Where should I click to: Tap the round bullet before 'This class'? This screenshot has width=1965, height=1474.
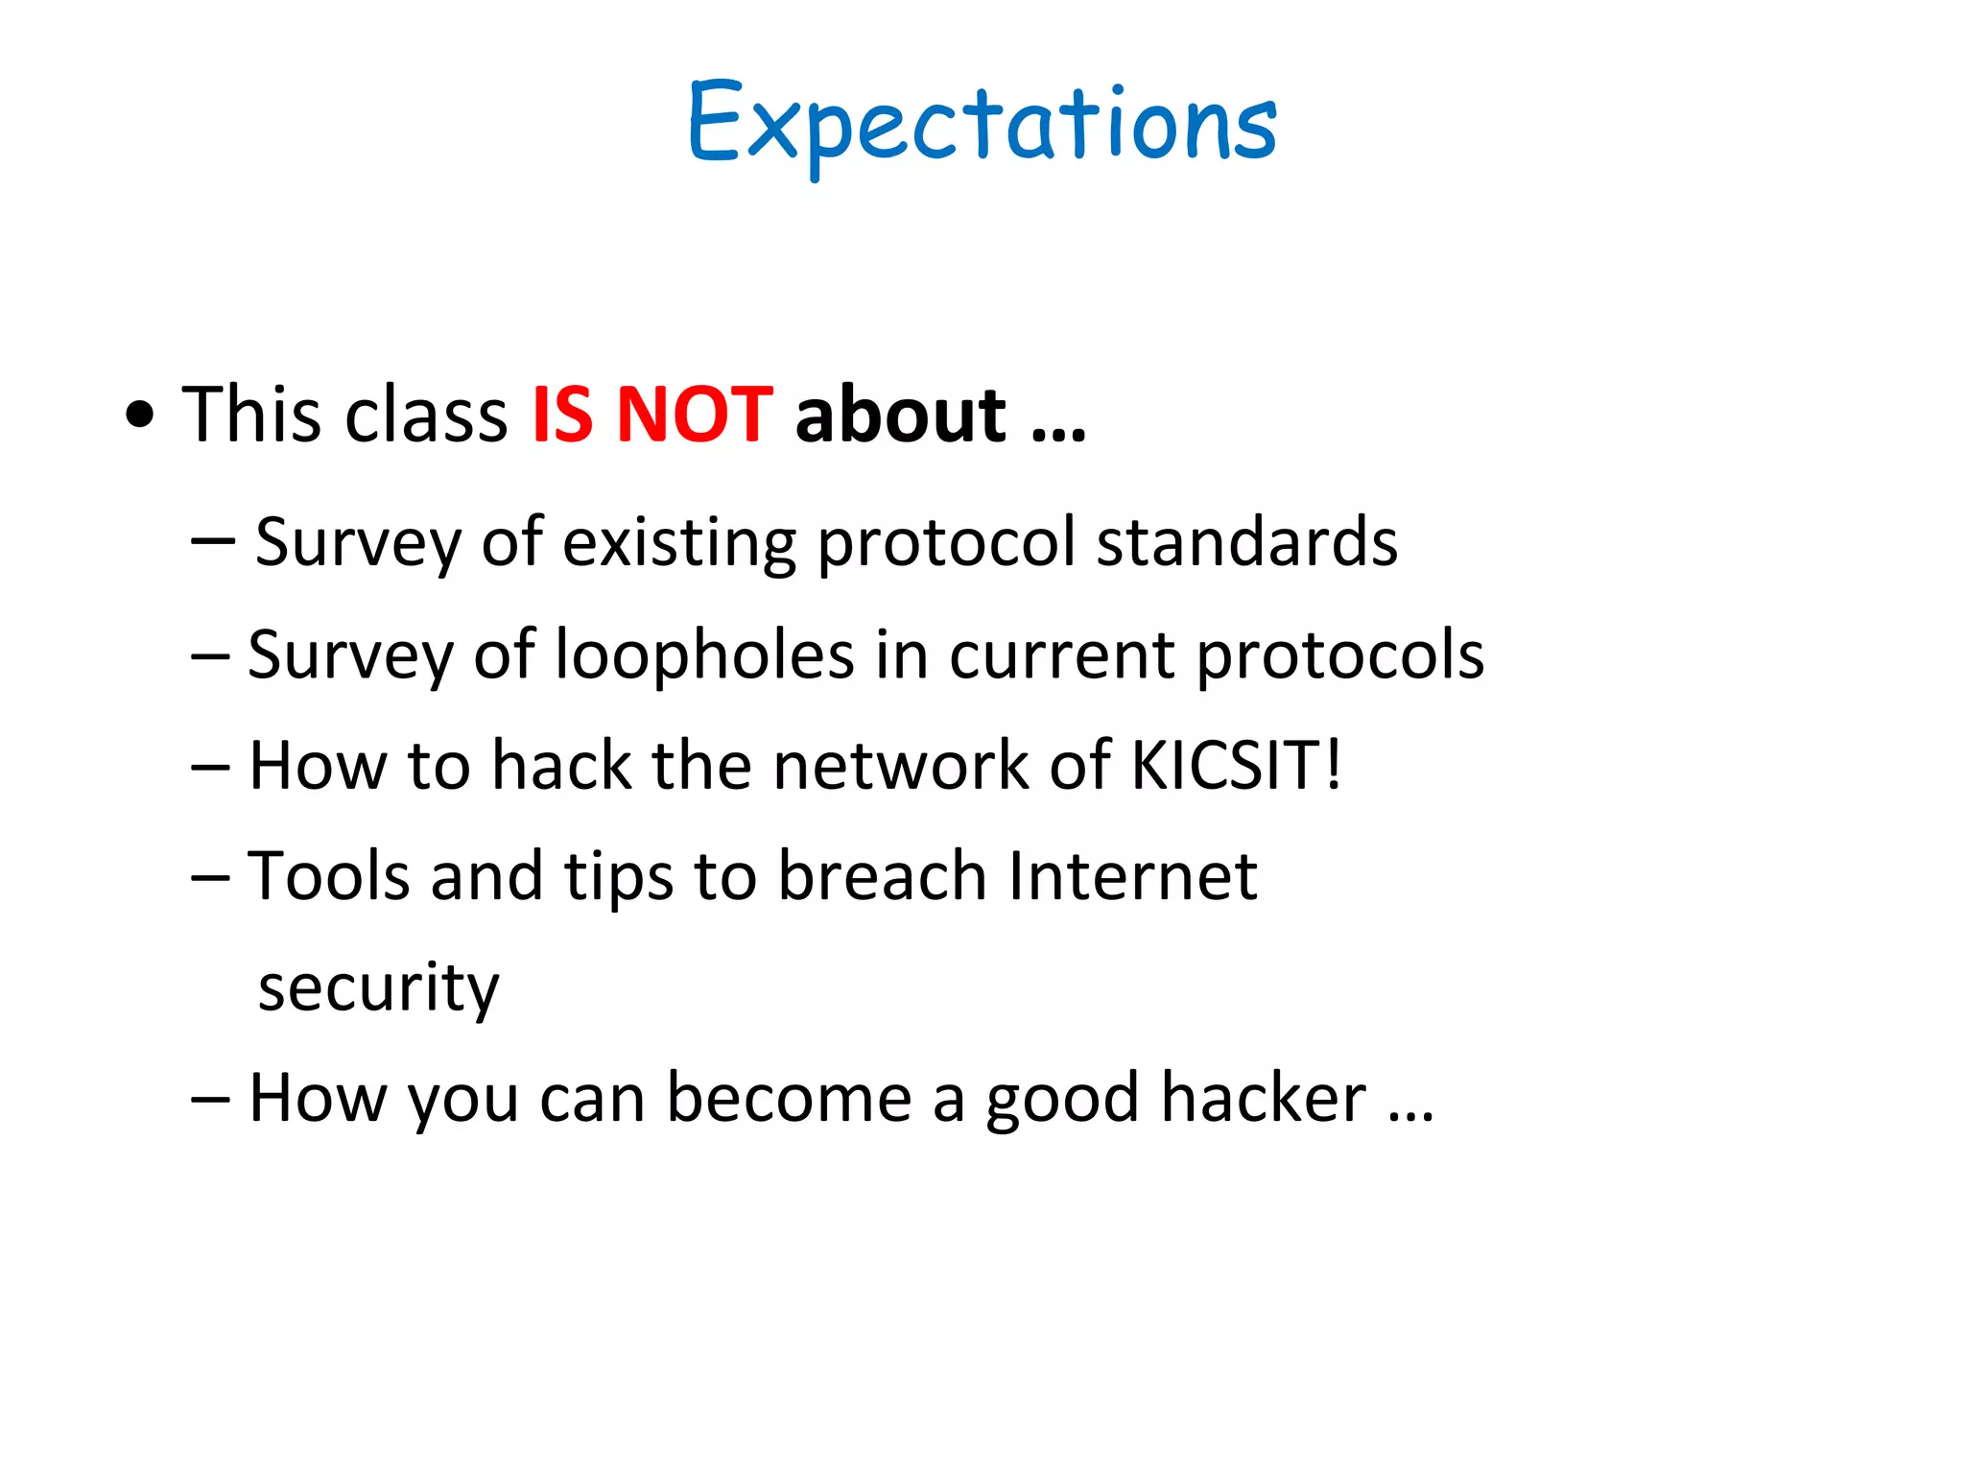point(140,416)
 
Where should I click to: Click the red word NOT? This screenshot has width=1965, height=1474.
point(694,415)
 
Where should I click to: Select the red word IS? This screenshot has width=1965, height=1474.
point(562,415)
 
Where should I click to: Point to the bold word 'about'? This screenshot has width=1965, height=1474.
point(900,415)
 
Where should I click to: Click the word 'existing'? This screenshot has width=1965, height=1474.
point(678,543)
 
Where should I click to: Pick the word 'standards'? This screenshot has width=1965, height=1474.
point(1246,542)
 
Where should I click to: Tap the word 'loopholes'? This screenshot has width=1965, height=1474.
point(705,654)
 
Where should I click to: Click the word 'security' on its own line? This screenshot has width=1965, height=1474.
point(379,987)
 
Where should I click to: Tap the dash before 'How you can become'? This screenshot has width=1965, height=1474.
point(209,1098)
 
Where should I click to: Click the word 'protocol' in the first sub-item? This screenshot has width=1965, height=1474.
point(946,544)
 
